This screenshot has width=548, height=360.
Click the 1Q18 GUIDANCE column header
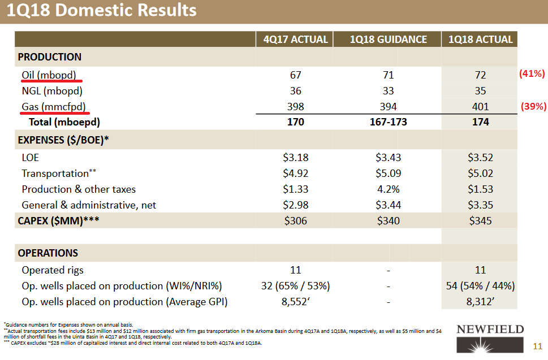389,40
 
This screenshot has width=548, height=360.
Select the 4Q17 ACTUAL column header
296,40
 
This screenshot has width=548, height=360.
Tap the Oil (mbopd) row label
49,75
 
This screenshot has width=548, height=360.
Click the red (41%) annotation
532,73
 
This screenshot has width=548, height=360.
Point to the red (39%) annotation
533,106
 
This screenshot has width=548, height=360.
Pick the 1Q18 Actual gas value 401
481,106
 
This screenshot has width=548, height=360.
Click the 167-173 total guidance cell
389,122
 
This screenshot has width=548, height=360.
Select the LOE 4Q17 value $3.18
296,158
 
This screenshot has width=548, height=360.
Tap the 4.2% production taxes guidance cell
389,189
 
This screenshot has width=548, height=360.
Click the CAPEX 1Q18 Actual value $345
481,220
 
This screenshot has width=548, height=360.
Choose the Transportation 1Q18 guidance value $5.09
389,173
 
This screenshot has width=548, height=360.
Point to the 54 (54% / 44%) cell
481,286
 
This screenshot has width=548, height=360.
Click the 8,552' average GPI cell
296,302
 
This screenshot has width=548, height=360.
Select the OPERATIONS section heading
48,253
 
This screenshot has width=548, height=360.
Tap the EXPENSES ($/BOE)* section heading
63,140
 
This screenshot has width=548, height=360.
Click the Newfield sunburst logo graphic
490,345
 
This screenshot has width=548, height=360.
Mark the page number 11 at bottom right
537,346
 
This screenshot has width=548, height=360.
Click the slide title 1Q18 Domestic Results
101,10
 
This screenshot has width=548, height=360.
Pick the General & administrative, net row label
89,205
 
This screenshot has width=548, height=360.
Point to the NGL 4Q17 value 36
296,91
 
